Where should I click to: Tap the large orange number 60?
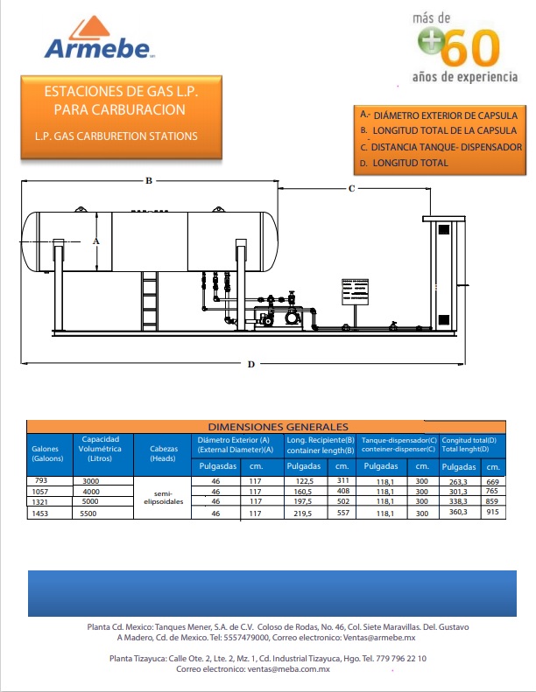tap(469, 47)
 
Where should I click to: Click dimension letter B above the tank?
tap(149, 180)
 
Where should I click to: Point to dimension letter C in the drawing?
tap(351, 188)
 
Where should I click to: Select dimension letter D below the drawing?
tap(251, 364)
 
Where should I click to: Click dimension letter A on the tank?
tap(95, 241)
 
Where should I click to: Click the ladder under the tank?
tap(150, 301)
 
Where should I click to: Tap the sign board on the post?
tap(355, 291)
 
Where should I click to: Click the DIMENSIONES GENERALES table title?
tap(278, 427)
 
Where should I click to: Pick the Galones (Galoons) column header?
tap(47, 453)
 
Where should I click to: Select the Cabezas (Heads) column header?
tap(164, 453)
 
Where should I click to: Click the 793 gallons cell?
tap(41, 480)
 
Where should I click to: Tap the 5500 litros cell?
tap(88, 514)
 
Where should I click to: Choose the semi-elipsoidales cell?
tap(164, 498)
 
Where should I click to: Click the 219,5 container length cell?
tap(303, 514)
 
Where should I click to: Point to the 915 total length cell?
tap(493, 512)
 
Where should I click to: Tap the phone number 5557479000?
tap(246, 638)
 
